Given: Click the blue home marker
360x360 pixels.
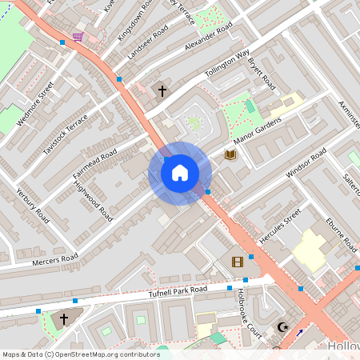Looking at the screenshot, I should [x=180, y=173].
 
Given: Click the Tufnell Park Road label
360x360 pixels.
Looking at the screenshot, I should [x=178, y=293].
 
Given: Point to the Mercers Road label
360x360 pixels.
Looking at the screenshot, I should [x=55, y=261].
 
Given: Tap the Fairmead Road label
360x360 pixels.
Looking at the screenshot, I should [x=95, y=164].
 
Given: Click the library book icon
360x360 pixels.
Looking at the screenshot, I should [x=230, y=154].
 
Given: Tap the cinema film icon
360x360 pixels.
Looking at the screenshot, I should [x=237, y=262].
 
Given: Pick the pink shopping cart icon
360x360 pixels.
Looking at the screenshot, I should [x=78, y=36].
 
